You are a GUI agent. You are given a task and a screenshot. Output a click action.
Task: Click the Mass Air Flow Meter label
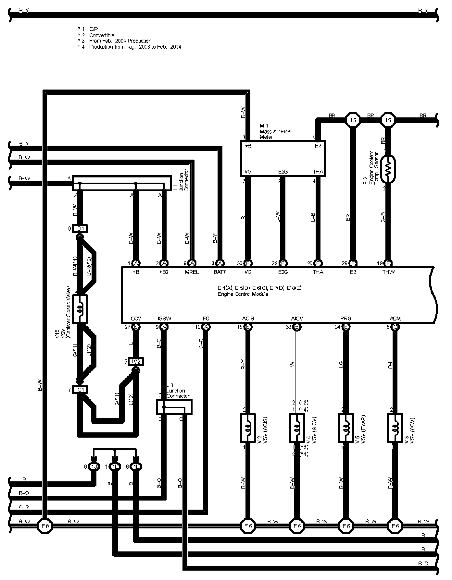pyautogui.click(x=275, y=131)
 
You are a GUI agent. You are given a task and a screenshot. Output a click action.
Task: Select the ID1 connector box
pyautogui.click(x=80, y=229)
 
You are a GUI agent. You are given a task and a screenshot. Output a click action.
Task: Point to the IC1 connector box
pyautogui.click(x=80, y=390)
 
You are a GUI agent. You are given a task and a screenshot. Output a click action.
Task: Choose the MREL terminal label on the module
pyautogui.click(x=192, y=272)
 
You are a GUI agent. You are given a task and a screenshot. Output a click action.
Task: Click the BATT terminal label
pyautogui.click(x=220, y=272)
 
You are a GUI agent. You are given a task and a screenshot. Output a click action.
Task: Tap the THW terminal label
pyautogui.click(x=388, y=272)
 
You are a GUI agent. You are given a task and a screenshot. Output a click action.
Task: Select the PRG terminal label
pyautogui.click(x=346, y=318)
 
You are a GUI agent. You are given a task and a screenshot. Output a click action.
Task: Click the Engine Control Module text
pyautogui.click(x=243, y=294)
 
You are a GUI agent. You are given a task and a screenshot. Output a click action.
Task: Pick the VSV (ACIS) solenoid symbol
pyautogui.click(x=248, y=428)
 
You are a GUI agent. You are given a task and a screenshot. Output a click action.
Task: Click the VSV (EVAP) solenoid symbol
pyautogui.click(x=346, y=428)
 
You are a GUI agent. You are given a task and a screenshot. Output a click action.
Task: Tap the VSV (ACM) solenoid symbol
pyautogui.click(x=395, y=428)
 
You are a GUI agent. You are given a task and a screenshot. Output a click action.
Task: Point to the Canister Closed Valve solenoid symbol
pyautogui.click(x=80, y=309)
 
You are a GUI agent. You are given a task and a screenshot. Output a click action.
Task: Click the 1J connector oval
pyautogui.click(x=94, y=467)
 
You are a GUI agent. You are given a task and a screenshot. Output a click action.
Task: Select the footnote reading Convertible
pyautogui.click(x=101, y=35)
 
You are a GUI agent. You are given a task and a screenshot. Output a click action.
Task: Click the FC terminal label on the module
pyautogui.click(x=206, y=318)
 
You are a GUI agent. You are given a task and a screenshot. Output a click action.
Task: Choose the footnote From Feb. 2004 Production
pyautogui.click(x=120, y=41)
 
